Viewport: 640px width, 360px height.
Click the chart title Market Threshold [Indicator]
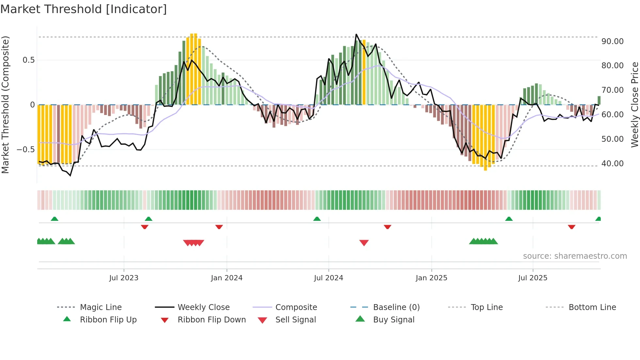(84, 9)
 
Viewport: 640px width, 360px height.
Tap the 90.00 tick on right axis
(612, 41)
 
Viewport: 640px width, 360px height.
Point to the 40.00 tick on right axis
(612, 164)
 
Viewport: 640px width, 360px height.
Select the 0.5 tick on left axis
(28, 60)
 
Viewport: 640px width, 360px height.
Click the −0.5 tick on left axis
(26, 150)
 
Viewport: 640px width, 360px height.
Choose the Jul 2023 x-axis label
(124, 278)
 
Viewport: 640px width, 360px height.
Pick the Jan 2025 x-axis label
(431, 278)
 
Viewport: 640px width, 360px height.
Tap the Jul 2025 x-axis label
(533, 278)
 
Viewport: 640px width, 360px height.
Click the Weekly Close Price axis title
(634, 105)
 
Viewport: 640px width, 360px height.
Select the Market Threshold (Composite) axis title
(5, 105)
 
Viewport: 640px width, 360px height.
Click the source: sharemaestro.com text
(575, 256)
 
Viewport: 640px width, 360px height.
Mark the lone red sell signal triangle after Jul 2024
(364, 243)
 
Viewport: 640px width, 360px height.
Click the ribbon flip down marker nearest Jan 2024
(219, 227)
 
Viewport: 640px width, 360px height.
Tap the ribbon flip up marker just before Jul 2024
(317, 219)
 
